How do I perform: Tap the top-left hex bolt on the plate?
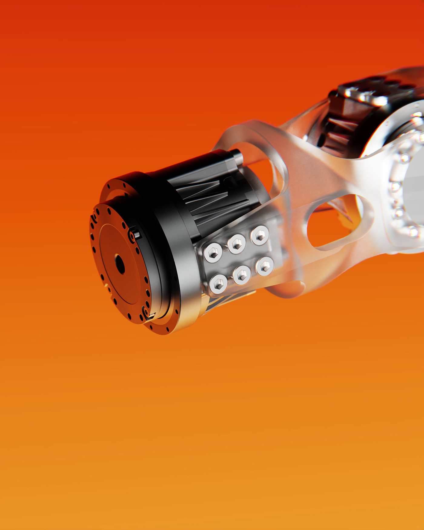coord(213,253)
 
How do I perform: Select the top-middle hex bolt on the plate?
coord(237,244)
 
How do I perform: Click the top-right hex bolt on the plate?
coord(260,235)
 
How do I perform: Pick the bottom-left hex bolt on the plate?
coord(218,283)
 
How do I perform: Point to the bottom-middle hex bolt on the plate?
coord(242,275)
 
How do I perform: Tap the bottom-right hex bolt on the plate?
coord(265,266)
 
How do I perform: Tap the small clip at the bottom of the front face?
coord(149,315)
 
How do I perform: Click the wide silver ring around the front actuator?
coord(182,273)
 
